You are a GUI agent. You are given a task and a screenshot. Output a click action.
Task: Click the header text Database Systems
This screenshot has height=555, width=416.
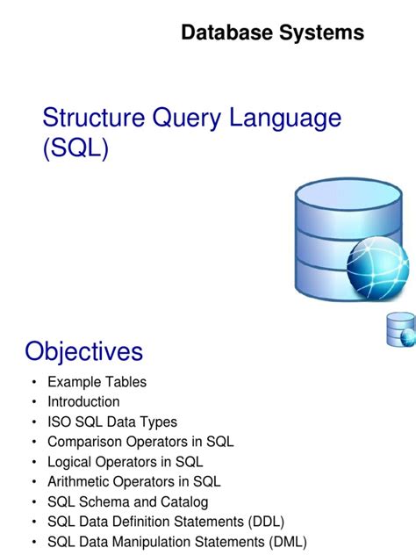coord(272,33)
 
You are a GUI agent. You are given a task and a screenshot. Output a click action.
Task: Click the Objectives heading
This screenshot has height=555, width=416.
coord(83,351)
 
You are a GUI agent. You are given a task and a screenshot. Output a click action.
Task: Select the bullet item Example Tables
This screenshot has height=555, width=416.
coord(97,382)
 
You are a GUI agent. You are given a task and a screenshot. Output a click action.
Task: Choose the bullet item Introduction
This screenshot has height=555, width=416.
coord(83,402)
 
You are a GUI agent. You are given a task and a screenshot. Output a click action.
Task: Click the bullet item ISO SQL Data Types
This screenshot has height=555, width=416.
coord(112,422)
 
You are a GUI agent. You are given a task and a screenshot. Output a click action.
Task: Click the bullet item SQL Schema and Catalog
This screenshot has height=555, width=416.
coord(128,502)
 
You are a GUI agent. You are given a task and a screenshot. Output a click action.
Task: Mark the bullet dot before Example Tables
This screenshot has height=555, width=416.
coord(33,383)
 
